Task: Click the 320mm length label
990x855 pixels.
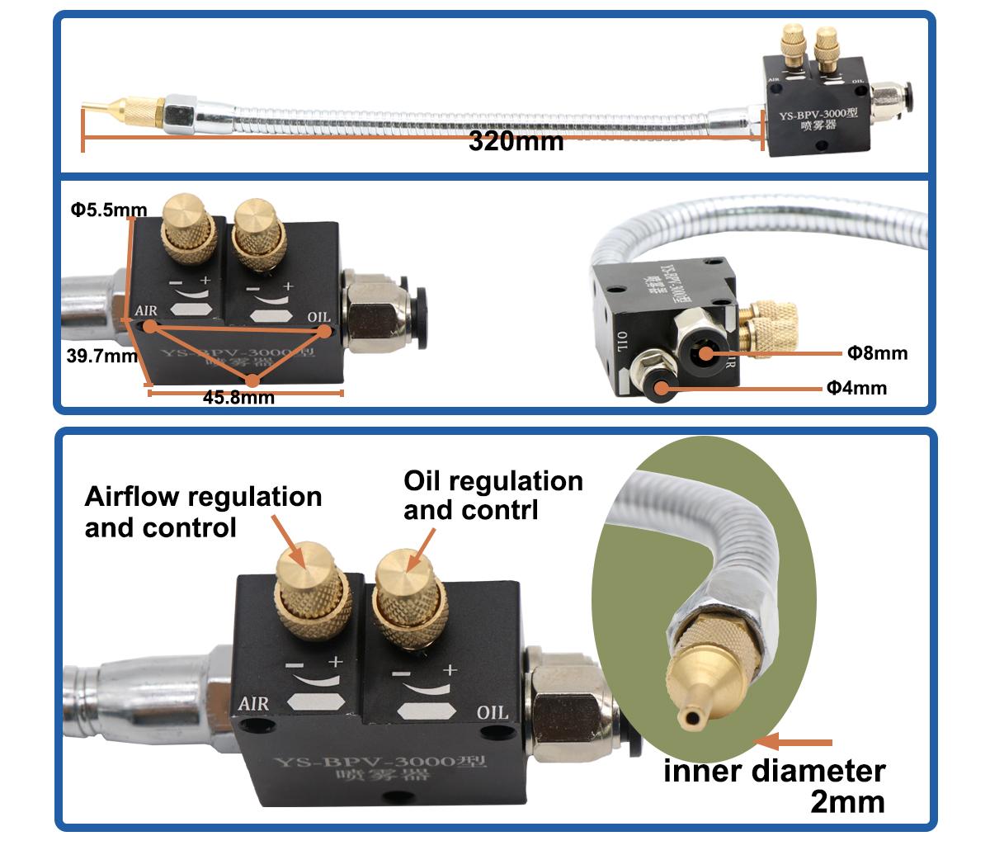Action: tap(516, 140)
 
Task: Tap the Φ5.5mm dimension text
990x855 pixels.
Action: tap(102, 210)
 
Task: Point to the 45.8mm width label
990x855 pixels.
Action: tap(238, 397)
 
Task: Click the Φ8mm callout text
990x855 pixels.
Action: tap(877, 353)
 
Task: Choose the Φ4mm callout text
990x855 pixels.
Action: tap(856, 387)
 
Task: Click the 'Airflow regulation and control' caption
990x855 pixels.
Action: tap(203, 512)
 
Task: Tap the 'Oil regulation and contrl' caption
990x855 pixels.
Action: tap(493, 495)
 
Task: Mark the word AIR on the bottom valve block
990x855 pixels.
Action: tap(253, 703)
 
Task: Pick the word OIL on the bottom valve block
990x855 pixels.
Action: tap(493, 712)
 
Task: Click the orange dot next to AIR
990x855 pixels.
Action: tap(150, 326)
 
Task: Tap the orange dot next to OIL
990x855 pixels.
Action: tap(324, 330)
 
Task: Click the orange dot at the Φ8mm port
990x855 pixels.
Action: tap(706, 354)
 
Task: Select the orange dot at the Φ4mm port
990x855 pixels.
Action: tap(661, 386)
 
